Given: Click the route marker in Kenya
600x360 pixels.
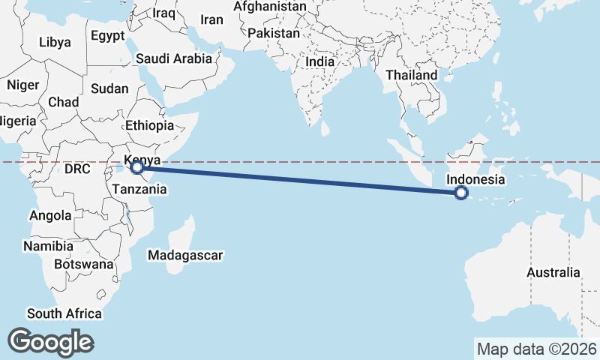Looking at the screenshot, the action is (x=136, y=167).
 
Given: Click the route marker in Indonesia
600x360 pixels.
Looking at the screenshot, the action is (x=461, y=193).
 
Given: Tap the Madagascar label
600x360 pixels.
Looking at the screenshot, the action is (x=185, y=256).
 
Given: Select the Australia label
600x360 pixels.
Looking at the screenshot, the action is (x=553, y=272).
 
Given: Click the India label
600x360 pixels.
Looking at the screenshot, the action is (x=320, y=61).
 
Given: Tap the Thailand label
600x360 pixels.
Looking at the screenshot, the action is (x=412, y=75).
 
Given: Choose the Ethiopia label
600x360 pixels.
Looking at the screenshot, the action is (x=150, y=125).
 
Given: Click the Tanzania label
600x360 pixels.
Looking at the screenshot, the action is (x=139, y=190).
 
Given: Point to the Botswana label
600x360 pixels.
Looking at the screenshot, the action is (x=84, y=264).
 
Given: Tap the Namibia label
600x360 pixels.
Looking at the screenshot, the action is (x=48, y=246).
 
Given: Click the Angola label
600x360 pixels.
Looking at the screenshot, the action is (x=50, y=215).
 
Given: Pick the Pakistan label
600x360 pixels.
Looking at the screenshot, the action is (x=274, y=34).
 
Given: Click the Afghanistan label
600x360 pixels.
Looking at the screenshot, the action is (x=270, y=7).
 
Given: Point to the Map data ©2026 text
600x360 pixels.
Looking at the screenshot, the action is (x=537, y=349).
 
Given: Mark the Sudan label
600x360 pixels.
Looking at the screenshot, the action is (x=109, y=88).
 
